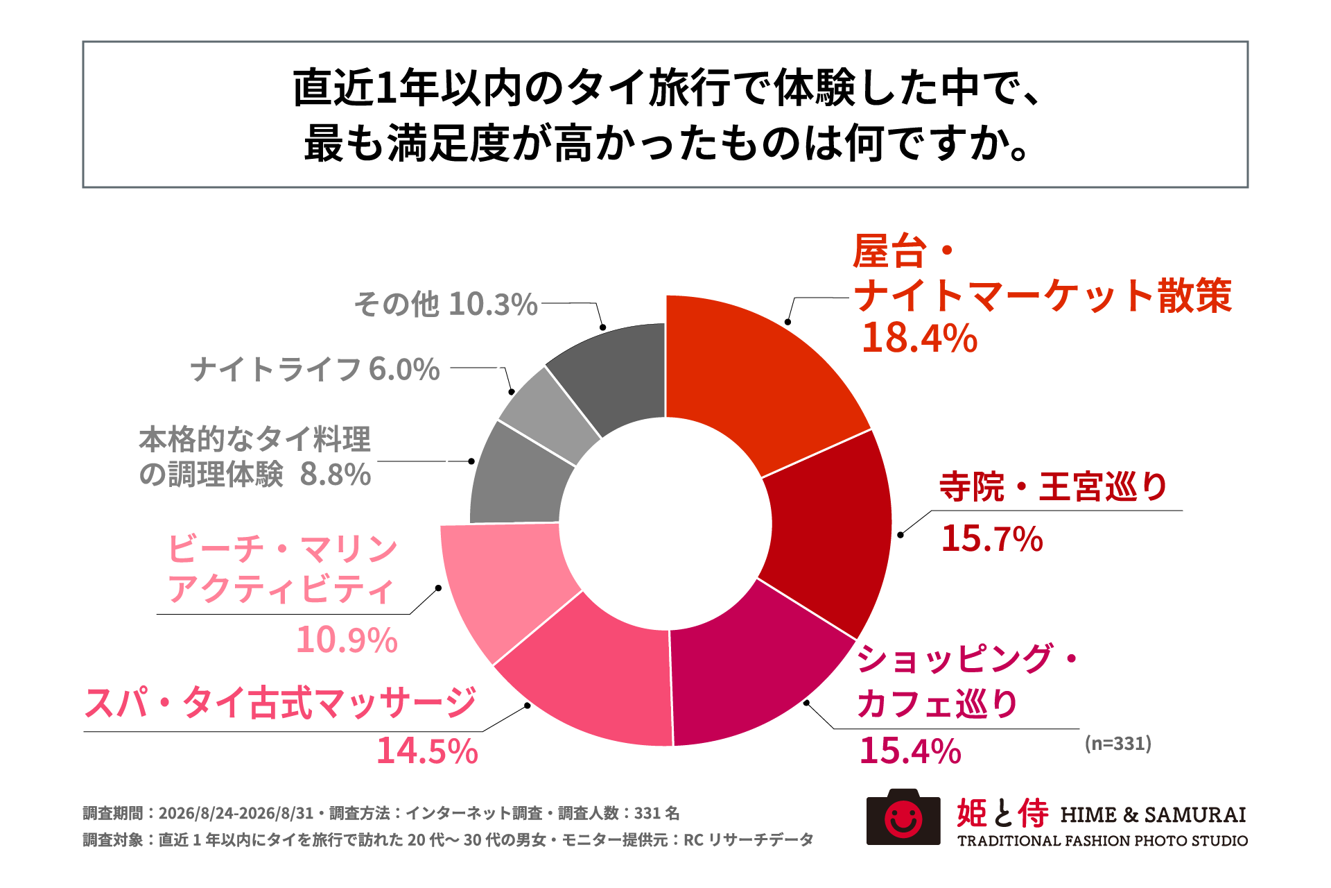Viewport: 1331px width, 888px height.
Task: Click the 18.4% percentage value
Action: click(919, 339)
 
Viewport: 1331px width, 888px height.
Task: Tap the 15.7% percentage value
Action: click(992, 539)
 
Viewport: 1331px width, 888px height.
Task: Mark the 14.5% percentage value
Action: click(427, 751)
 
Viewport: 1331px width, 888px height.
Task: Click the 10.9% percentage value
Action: click(347, 640)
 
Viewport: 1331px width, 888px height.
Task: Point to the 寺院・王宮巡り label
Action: click(1054, 486)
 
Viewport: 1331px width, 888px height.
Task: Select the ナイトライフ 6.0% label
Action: click(315, 369)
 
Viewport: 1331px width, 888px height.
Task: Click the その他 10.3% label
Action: click(446, 304)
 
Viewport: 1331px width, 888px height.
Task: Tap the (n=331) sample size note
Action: click(1118, 744)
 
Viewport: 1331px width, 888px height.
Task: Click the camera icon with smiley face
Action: click(903, 817)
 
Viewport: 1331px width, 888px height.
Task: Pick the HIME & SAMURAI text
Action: click(1154, 814)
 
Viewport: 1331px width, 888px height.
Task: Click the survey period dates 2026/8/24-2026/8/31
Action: click(236, 813)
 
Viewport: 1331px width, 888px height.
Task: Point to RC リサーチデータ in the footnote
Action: click(749, 840)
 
